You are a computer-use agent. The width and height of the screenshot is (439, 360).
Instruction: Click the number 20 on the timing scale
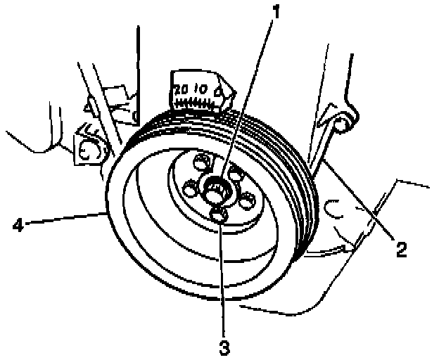(x=180, y=89)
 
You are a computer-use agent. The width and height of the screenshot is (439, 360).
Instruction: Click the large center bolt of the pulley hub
(x=217, y=188)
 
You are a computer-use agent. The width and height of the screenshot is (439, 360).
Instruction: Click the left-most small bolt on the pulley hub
(x=188, y=187)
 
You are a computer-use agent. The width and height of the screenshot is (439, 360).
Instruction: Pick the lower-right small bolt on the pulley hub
(x=246, y=200)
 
